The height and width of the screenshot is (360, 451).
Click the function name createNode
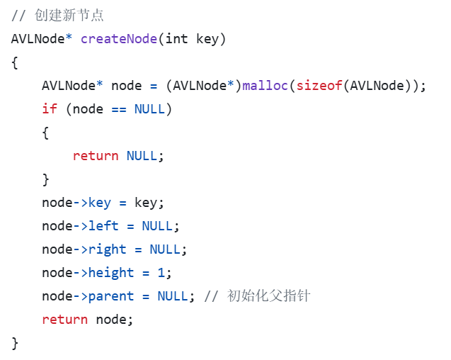pyautogui.click(x=118, y=38)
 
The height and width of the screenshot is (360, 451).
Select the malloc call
pyautogui.click(x=266, y=85)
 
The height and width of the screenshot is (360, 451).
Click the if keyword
pyautogui.click(x=50, y=108)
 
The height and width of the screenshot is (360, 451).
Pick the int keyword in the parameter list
pyautogui.click(x=176, y=38)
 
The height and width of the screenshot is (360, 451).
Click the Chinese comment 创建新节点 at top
pyautogui.click(x=69, y=15)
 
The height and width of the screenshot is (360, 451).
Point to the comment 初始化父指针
pyautogui.click(x=268, y=296)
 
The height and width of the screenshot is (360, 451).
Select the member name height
pyautogui.click(x=111, y=272)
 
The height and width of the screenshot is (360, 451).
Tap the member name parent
pyautogui.click(x=111, y=296)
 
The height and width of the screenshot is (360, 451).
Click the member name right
pyautogui.click(x=107, y=249)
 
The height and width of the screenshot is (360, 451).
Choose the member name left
pyautogui.click(x=103, y=225)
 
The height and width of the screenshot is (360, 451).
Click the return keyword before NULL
pyautogui.click(x=96, y=155)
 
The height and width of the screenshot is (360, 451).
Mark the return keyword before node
pyautogui.click(x=65, y=319)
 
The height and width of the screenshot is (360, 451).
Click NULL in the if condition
pyautogui.click(x=149, y=108)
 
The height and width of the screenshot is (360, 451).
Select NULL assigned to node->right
pyautogui.click(x=164, y=249)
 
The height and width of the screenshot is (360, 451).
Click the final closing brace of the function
pyautogui.click(x=15, y=343)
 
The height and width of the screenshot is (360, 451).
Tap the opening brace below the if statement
pyautogui.click(x=46, y=132)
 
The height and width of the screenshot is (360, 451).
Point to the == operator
pyautogui.click(x=119, y=108)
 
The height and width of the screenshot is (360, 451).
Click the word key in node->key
pyautogui.click(x=100, y=202)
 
